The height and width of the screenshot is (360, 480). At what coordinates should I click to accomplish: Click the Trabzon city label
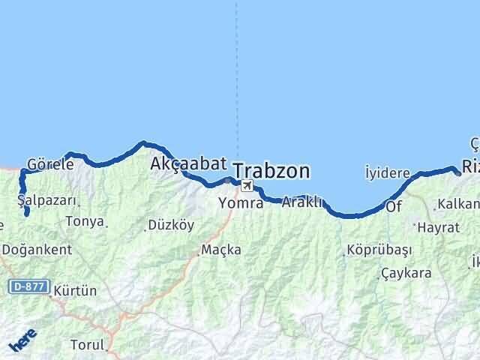click(x=271, y=171)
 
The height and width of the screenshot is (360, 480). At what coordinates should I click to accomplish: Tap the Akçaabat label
click(x=184, y=163)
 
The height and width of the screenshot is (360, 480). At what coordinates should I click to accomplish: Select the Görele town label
click(x=50, y=163)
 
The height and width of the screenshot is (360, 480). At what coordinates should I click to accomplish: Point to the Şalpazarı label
click(x=46, y=200)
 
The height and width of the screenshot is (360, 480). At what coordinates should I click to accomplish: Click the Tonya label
click(x=85, y=221)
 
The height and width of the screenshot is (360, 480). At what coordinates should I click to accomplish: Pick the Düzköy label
click(x=171, y=224)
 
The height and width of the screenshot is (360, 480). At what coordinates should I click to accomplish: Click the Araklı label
click(x=302, y=202)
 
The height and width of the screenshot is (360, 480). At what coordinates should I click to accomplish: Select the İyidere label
click(x=387, y=172)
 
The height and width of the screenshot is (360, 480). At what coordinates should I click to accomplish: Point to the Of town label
click(x=394, y=205)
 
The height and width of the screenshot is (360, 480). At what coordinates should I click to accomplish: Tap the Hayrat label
click(x=439, y=226)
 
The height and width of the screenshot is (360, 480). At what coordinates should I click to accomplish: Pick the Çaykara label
click(x=406, y=273)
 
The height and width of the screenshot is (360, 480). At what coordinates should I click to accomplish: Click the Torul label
click(x=87, y=345)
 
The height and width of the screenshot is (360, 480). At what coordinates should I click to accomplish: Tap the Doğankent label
click(x=37, y=249)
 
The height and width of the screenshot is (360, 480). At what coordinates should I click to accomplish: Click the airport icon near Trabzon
click(x=247, y=185)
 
